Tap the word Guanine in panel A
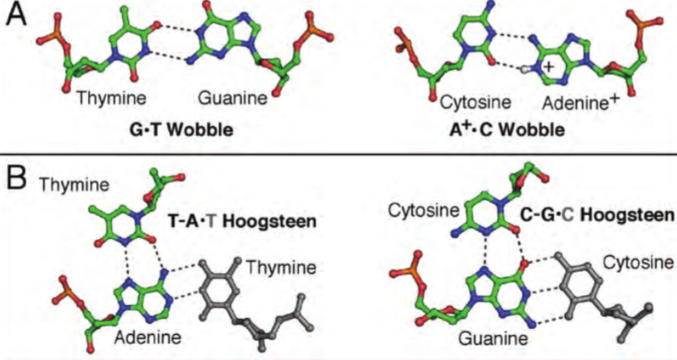(232, 99)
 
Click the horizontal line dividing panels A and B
(338, 154)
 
